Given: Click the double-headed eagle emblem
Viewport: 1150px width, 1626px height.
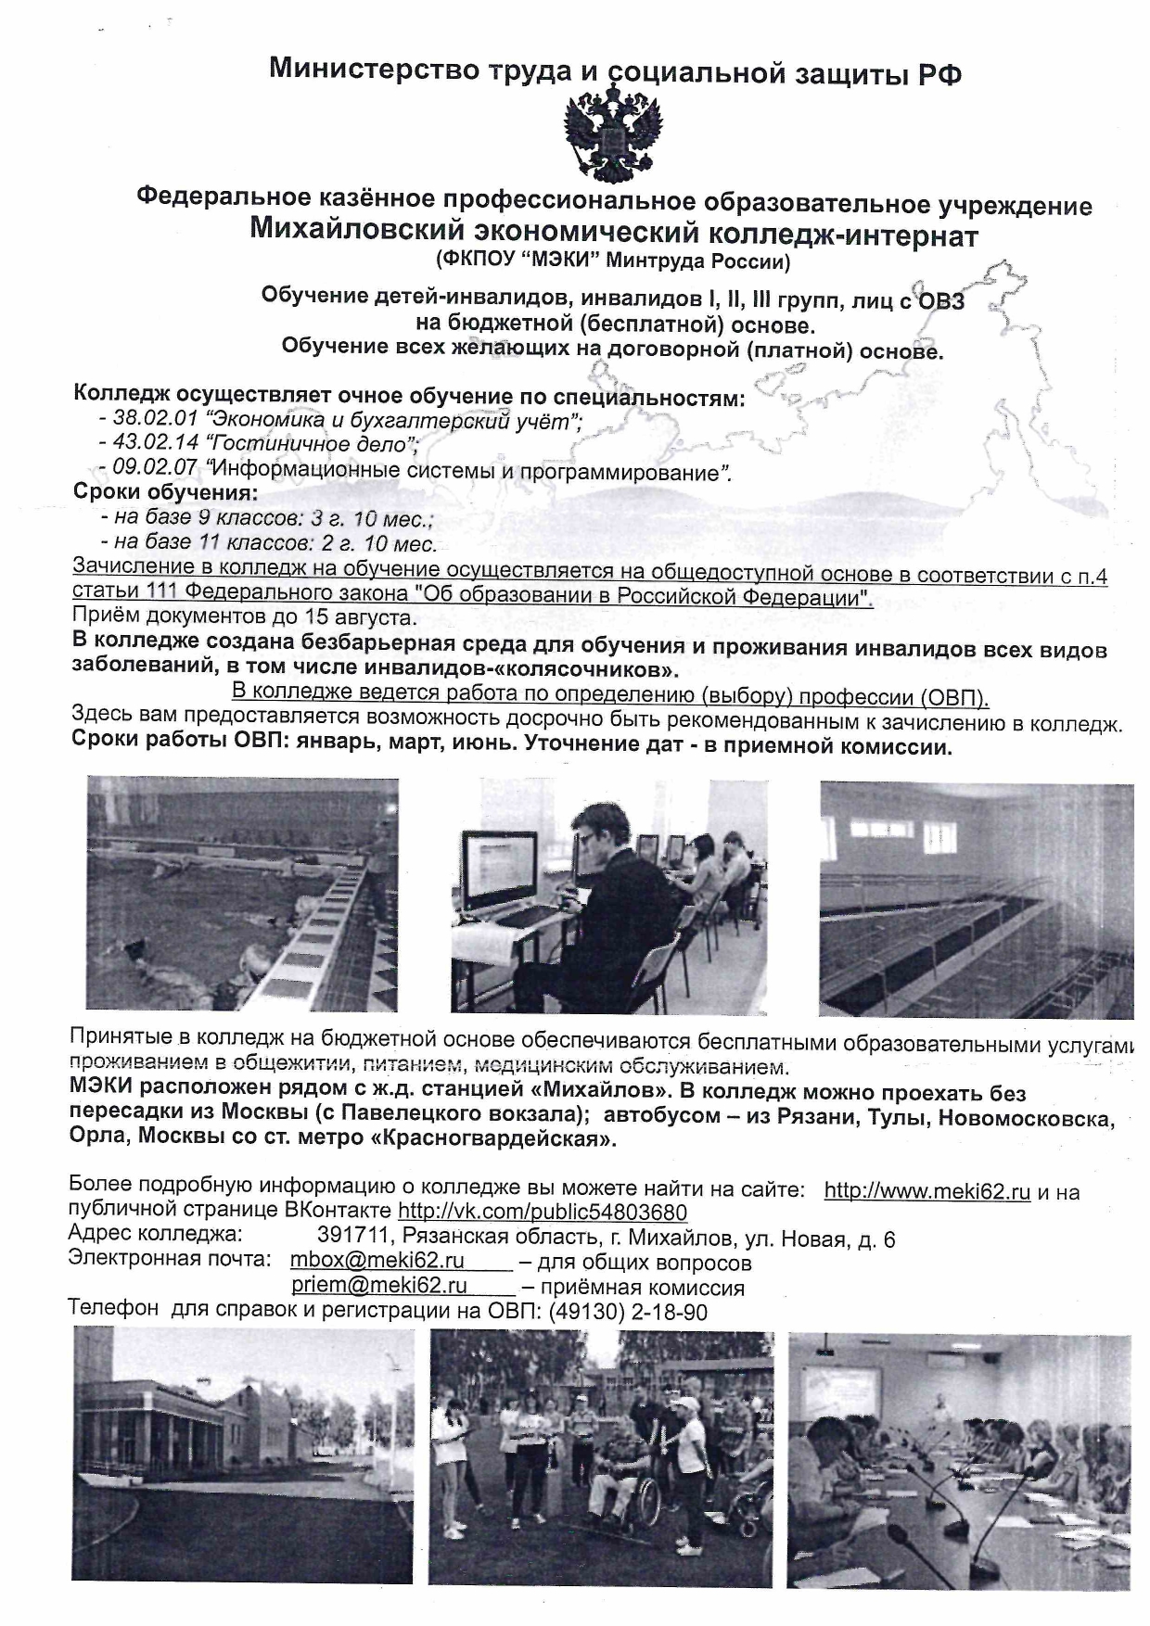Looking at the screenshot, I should (x=613, y=132).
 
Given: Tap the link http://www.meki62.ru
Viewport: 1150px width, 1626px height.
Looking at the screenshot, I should (x=926, y=1191).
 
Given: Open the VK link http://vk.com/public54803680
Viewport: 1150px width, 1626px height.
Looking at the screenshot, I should (x=543, y=1213).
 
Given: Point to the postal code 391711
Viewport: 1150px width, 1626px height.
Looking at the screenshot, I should (x=351, y=1238).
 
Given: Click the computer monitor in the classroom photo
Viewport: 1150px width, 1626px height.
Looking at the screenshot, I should (x=501, y=872).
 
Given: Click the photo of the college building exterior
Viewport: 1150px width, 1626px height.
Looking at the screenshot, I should (x=243, y=1456).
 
